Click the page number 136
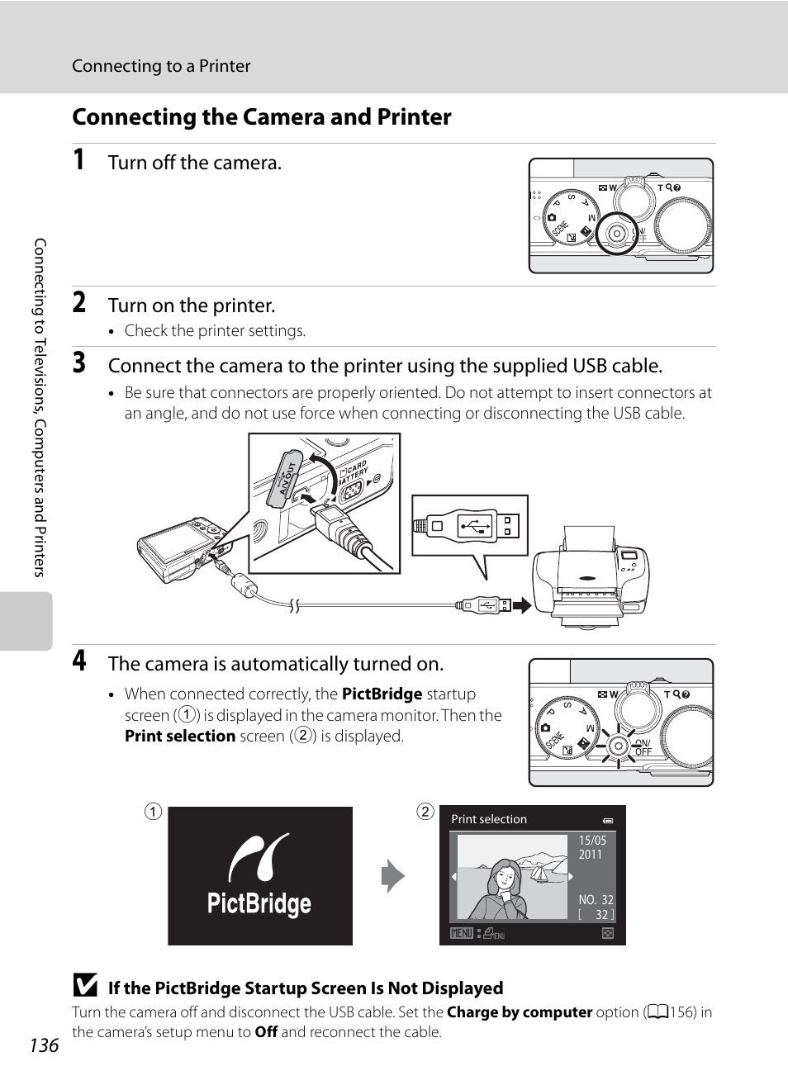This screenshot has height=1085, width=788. click(44, 1045)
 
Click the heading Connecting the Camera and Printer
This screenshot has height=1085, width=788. click(261, 117)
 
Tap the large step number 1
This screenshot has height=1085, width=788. click(78, 160)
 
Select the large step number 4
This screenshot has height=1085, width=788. click(78, 661)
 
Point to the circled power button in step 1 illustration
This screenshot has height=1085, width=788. click(615, 235)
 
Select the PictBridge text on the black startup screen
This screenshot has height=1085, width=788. click(259, 903)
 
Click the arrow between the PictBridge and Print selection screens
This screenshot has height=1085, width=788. click(393, 876)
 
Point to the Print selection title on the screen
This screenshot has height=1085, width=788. click(489, 819)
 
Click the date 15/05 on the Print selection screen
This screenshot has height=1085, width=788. click(592, 841)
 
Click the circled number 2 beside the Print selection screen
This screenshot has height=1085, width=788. click(425, 812)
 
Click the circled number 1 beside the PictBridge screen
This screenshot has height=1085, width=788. click(153, 812)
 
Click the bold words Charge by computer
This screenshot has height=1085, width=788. click(520, 1012)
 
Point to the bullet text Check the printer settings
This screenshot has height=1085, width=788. click(215, 331)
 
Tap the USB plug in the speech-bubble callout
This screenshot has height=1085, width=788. click(469, 525)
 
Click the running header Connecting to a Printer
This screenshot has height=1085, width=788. click(161, 66)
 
